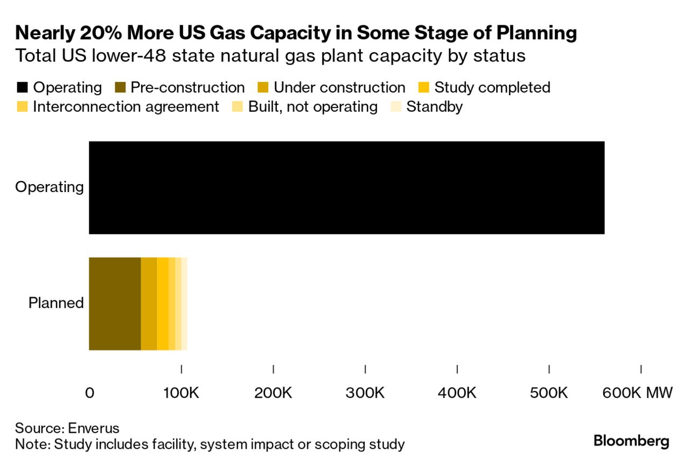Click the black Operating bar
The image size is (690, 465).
point(346,187)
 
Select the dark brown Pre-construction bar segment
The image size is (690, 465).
point(114,304)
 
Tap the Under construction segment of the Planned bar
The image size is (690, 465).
point(149,304)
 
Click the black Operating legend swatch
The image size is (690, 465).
point(23,88)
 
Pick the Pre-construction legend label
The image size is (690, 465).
point(187,88)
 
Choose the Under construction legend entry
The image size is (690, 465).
point(339,88)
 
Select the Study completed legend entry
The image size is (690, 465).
point(492,88)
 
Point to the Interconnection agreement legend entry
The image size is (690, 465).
point(126,107)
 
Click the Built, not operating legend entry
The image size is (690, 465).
point(312,107)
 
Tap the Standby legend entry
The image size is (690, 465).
point(434,107)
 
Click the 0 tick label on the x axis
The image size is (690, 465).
point(89,393)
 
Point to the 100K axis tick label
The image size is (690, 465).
point(182,393)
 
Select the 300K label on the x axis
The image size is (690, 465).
point(365,393)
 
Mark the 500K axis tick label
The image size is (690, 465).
point(549,393)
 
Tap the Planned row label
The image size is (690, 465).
point(56,303)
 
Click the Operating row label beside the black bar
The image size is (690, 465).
point(50,187)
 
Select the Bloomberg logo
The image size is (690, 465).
point(631,441)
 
